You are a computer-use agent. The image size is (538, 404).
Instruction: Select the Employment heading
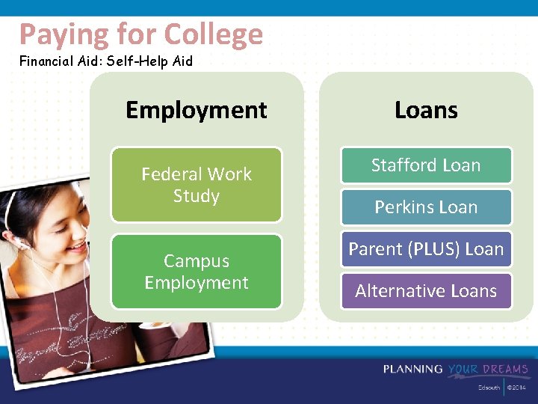(196, 110)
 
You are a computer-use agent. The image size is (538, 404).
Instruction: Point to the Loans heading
(426, 110)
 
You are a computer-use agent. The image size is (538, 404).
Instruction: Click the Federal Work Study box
(197, 185)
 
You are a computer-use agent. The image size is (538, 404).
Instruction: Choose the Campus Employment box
(197, 272)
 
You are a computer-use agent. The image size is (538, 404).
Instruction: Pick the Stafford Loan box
(426, 165)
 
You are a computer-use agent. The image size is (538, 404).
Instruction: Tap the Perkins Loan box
(426, 207)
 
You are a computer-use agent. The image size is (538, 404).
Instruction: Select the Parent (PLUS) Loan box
(426, 249)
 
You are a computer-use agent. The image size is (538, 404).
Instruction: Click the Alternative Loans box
(426, 291)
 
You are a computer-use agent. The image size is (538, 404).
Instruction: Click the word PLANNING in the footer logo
(413, 370)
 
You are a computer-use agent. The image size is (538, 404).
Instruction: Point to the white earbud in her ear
(24, 244)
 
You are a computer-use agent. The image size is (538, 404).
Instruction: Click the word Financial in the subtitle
(46, 61)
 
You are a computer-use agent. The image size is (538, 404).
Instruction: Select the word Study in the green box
(197, 196)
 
